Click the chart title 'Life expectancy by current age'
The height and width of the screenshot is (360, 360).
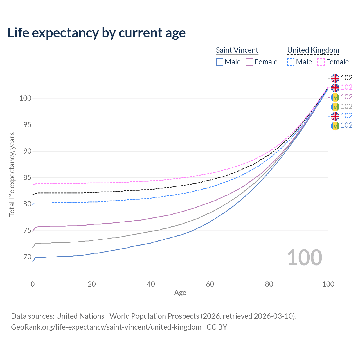(x=96, y=33)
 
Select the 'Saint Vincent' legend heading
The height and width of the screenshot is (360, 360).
(x=237, y=50)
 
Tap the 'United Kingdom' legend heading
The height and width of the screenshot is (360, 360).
(x=313, y=50)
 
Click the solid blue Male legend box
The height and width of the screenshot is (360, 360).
(x=220, y=62)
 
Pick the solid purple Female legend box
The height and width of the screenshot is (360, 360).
(x=249, y=62)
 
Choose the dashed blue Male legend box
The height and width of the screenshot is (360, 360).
(x=291, y=62)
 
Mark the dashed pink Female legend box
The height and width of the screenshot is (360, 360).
(x=321, y=62)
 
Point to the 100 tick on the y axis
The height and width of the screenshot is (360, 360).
(x=25, y=98)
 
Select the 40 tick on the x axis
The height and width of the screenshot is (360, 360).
(x=151, y=284)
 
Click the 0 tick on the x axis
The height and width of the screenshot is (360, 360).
(x=33, y=284)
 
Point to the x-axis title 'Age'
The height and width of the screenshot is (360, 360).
(x=180, y=293)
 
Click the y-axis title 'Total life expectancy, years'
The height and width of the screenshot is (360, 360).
(x=12, y=174)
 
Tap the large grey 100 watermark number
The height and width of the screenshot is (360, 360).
(x=305, y=258)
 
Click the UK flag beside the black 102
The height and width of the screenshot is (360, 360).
(x=335, y=78)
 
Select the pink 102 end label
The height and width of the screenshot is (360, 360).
(x=346, y=87)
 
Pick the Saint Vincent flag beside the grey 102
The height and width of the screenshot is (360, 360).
(x=335, y=107)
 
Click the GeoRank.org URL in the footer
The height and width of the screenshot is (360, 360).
(x=106, y=327)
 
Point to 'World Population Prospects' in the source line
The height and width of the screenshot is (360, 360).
(x=154, y=316)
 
